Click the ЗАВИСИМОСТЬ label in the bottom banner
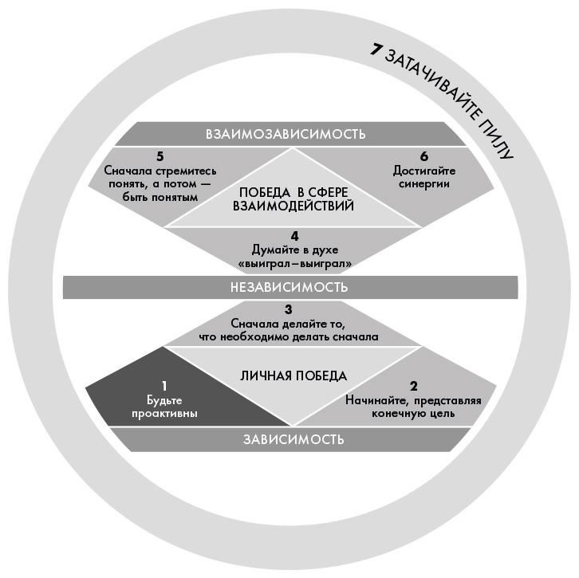tap(290, 439)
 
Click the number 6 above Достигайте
tap(423, 156)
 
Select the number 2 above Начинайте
tap(412, 385)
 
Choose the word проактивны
tap(166, 414)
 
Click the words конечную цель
tap(413, 414)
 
